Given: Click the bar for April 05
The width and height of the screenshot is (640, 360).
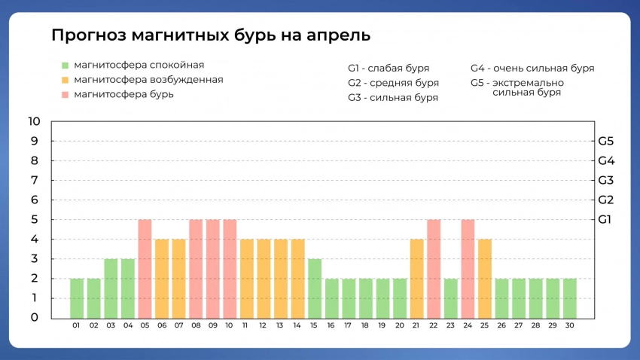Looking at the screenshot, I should tap(145, 269).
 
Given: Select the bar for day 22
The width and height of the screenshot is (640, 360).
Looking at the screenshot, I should tap(434, 269).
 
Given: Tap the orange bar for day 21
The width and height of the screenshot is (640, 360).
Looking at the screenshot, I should tap(417, 279).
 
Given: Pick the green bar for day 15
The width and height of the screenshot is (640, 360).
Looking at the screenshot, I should tap(315, 288).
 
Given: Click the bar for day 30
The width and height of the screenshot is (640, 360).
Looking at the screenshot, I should tap(570, 298).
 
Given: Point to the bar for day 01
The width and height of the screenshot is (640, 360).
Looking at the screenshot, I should tap(77, 298).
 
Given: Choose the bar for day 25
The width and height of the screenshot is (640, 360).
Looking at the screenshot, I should tap(485, 279).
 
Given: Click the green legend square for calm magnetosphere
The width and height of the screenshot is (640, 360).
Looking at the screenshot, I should tap(66, 66).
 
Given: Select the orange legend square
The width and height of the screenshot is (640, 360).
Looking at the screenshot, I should tap(66, 80).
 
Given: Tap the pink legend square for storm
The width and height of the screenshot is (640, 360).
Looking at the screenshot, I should tap(66, 95).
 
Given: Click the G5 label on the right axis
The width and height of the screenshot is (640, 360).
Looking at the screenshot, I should tap(606, 141).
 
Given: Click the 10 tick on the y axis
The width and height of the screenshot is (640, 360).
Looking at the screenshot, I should tap(33, 121).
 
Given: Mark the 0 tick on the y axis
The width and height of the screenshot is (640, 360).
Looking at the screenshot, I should tap(35, 317).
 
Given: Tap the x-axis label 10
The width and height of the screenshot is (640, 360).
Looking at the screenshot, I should tap(230, 326).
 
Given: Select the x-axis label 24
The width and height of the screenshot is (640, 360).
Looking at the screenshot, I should tap(468, 326).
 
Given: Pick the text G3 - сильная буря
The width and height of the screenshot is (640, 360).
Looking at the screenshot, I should tap(393, 98).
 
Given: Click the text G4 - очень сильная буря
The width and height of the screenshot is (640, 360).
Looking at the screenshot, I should tap(532, 68).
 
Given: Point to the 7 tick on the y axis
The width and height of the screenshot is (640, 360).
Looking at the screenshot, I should tap(35, 180).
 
